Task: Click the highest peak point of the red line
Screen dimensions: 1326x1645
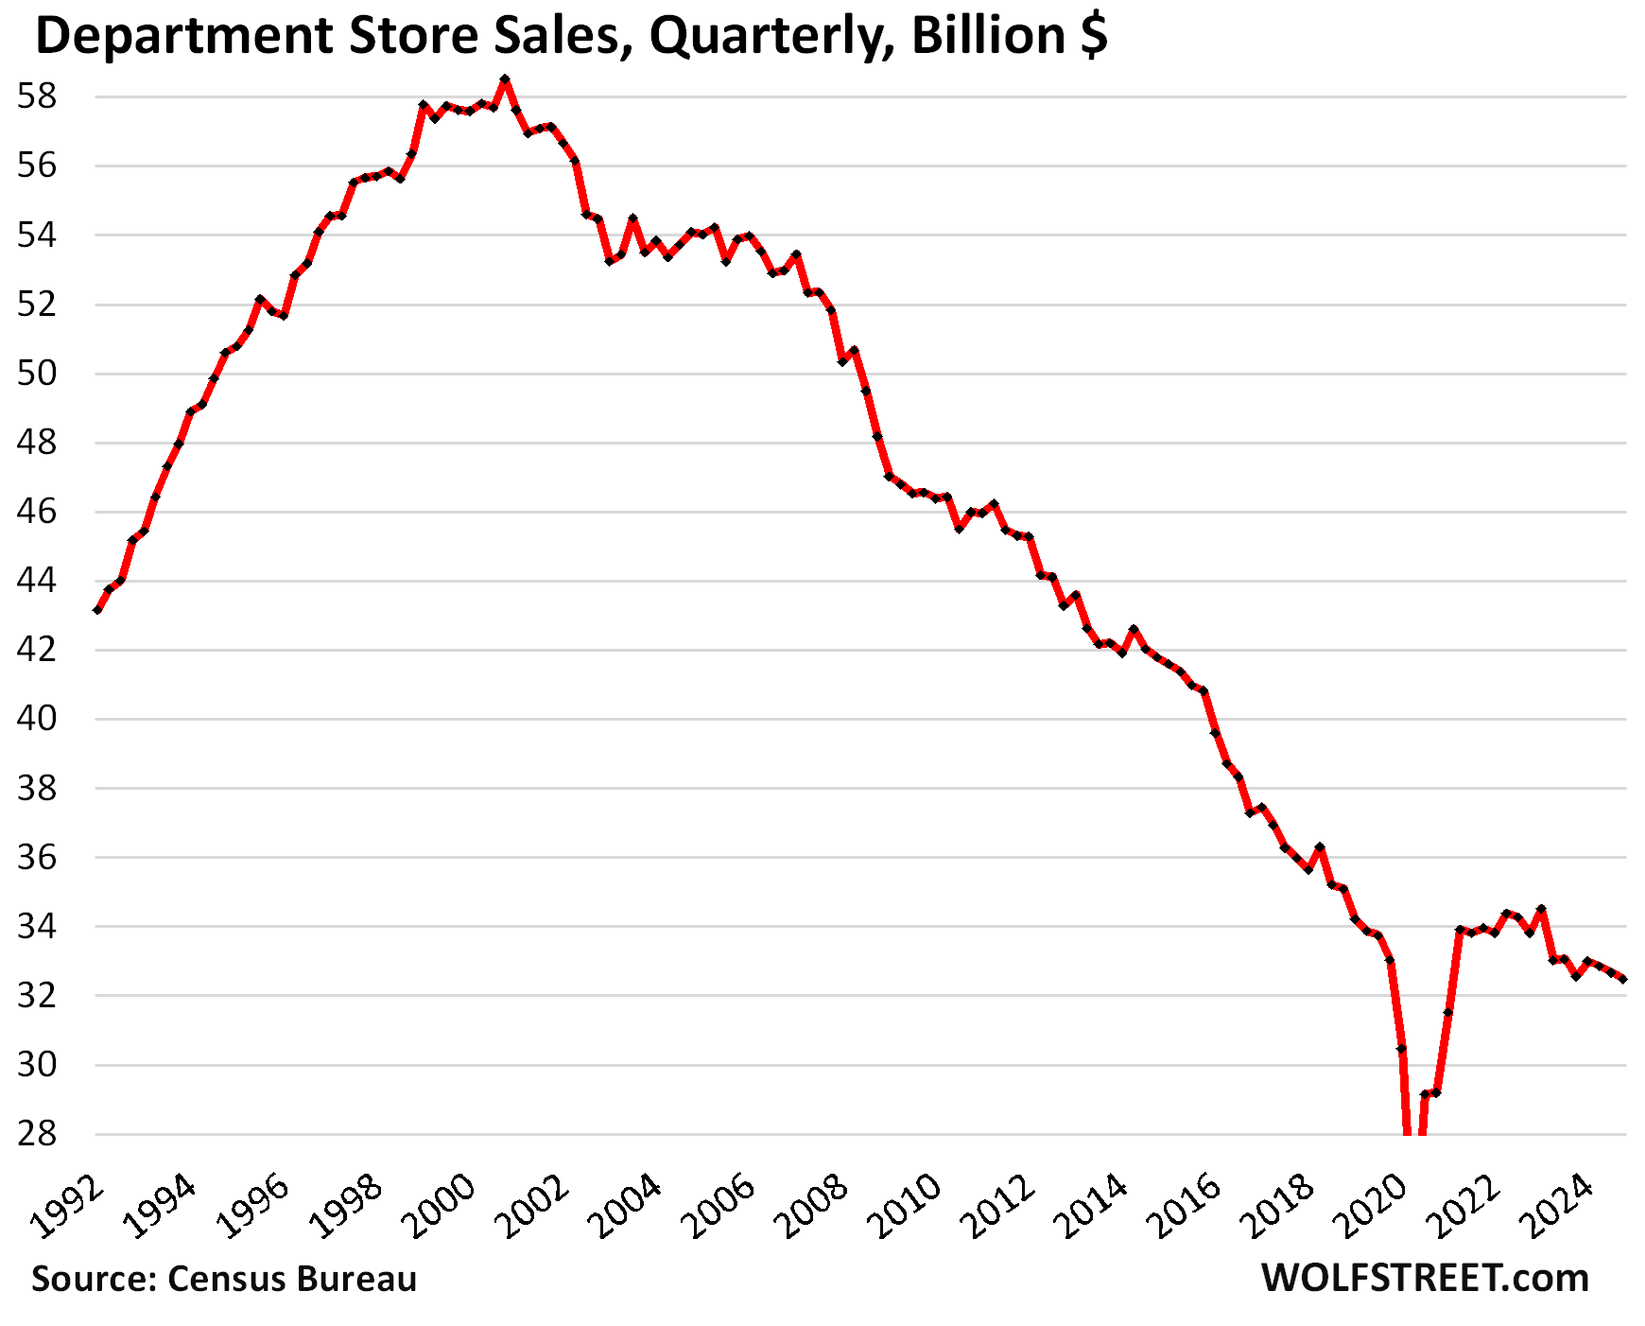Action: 505,79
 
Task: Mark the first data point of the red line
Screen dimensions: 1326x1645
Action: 97,610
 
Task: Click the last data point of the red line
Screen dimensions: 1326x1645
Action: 1622,979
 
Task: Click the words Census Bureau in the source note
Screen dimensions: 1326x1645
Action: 292,1279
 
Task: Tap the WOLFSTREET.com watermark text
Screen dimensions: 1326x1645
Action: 1425,1278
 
